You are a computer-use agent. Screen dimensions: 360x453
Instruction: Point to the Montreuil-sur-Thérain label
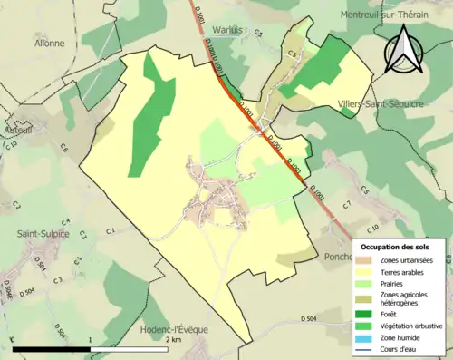click(394, 15)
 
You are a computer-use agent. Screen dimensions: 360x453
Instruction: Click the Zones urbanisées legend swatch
click(367, 259)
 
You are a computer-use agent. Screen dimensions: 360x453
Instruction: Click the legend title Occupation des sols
click(395, 247)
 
